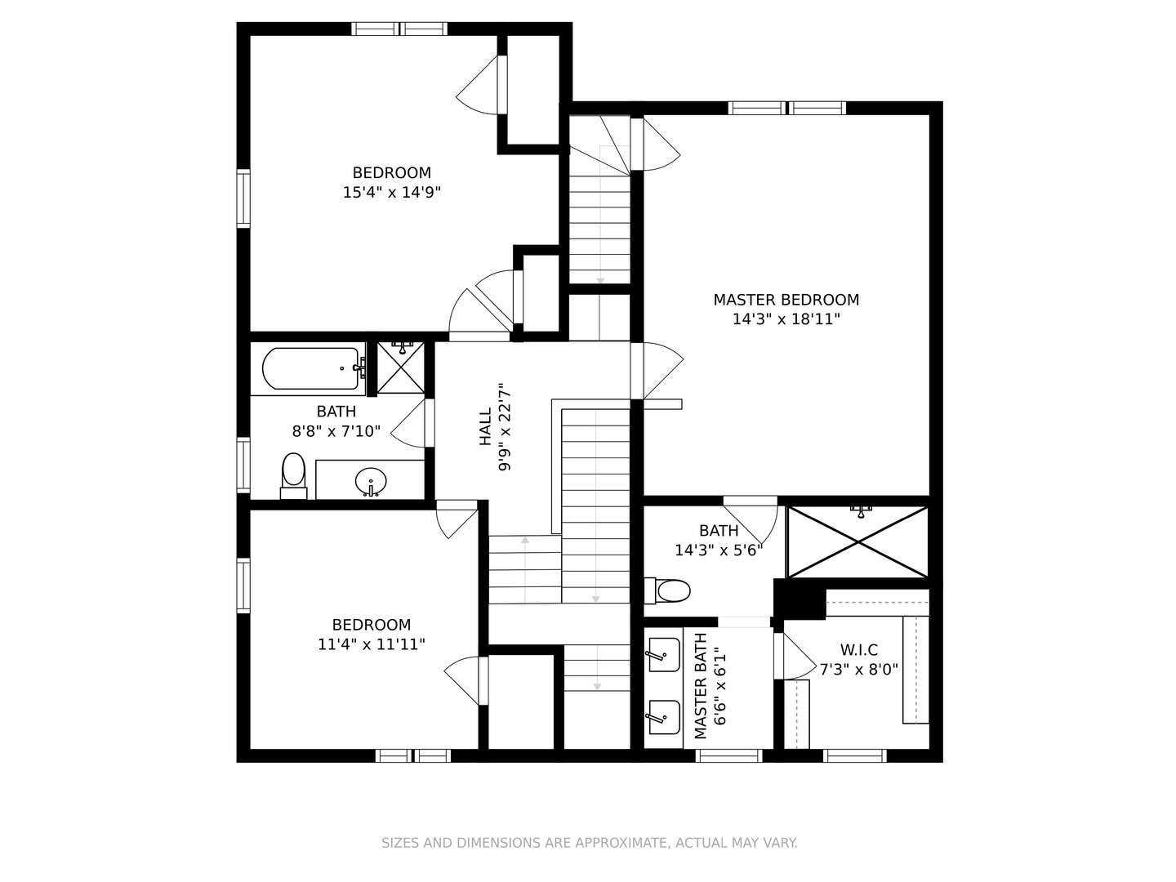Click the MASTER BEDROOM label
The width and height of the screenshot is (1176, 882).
coord(786,300)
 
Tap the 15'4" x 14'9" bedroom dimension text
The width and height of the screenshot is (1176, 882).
coord(392,192)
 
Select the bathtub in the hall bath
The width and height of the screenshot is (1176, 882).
coord(311,369)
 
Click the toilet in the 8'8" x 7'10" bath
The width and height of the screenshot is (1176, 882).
coord(294,476)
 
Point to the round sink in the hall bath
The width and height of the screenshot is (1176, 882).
coord(370,482)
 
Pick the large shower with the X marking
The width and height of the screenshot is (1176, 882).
coord(857,542)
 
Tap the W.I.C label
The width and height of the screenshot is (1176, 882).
coord(859,650)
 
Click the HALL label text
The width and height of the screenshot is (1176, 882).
coord(485,426)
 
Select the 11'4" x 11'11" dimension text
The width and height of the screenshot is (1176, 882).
coord(372,644)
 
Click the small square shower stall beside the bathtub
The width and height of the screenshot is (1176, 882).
coord(401,367)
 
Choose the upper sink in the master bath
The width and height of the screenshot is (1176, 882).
coord(664,654)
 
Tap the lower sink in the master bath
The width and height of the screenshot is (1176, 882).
coord(664,718)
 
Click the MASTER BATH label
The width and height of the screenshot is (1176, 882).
coord(701,686)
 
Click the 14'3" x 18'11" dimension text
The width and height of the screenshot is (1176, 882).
coord(786,319)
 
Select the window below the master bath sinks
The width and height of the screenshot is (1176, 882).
coord(728,755)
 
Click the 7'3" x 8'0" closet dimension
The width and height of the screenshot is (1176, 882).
coord(859,670)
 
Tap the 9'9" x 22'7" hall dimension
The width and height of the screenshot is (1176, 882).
coord(505,427)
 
